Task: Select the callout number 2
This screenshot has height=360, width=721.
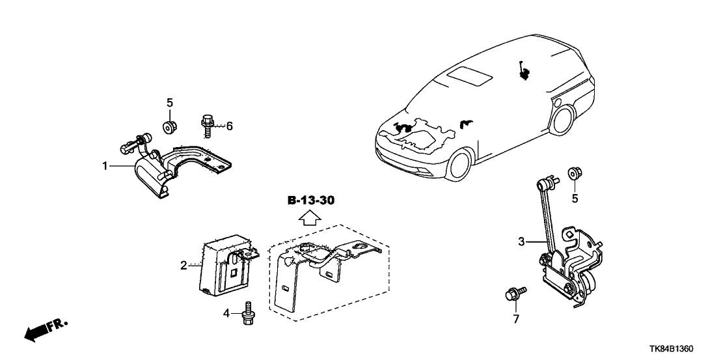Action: point(184,266)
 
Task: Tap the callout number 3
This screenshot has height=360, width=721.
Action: point(521,243)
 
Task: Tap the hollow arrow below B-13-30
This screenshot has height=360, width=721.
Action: point(311,217)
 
